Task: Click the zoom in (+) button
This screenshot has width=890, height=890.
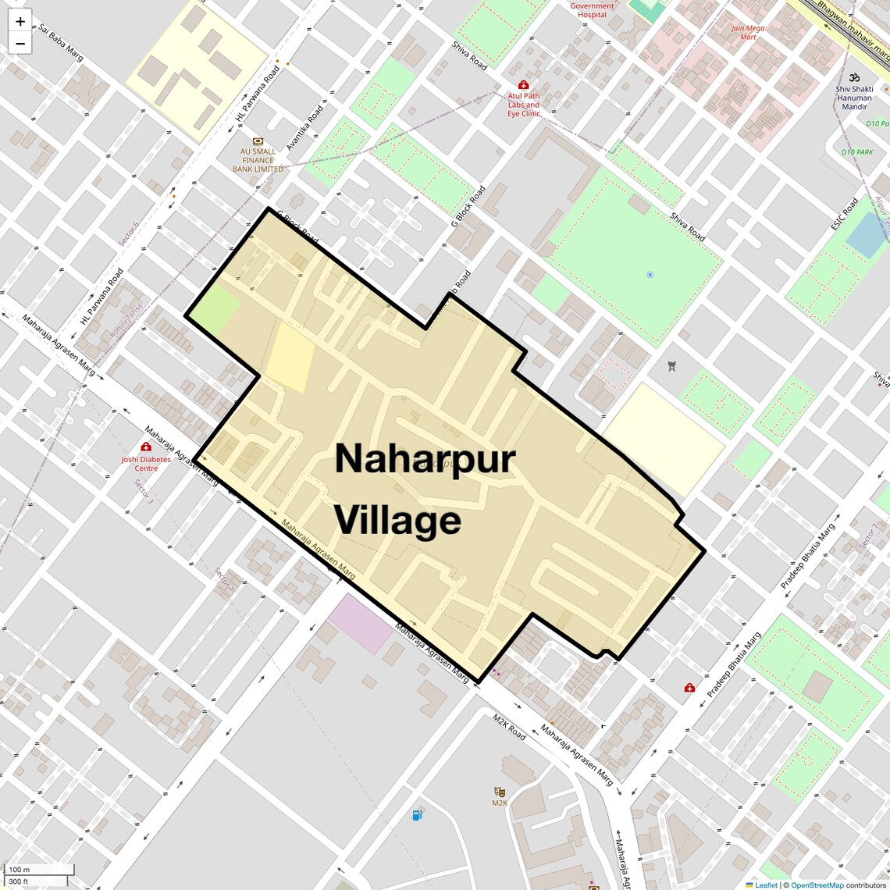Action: coord(20,22)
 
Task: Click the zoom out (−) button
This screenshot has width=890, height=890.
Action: coord(20,44)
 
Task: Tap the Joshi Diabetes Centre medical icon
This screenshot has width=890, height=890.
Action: coord(146,447)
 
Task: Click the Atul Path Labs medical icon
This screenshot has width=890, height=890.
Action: coord(523,84)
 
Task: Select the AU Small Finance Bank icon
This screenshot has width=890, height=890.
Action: coord(258,141)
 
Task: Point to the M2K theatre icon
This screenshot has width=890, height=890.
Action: coord(500,792)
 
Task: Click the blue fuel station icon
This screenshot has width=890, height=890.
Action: coord(418,815)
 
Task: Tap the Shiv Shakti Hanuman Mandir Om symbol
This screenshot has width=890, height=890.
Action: coord(854,77)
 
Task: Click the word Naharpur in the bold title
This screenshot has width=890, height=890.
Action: coord(425,458)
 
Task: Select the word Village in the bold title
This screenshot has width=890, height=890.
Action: coord(397,521)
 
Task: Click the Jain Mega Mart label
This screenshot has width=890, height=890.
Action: coord(748,33)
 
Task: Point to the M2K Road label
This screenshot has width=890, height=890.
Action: coord(508,727)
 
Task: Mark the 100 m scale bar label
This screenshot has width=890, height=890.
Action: coord(19,870)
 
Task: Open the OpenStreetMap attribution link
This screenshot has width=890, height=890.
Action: coord(817,885)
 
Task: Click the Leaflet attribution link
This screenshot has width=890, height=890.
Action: coord(765,885)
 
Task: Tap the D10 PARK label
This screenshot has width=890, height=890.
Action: coord(857,152)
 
